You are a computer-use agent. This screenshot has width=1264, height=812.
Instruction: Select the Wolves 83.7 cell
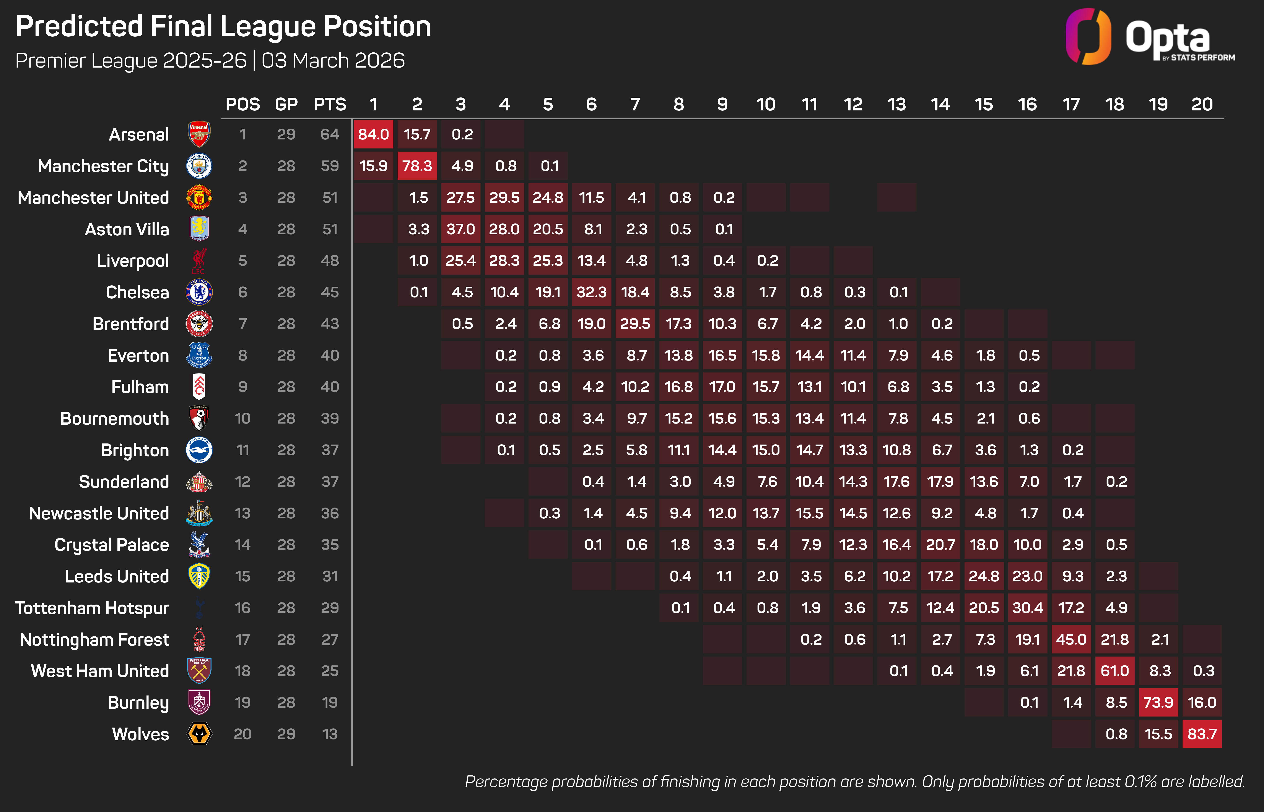pos(1202,734)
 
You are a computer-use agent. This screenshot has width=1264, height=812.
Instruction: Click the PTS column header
pos(330,104)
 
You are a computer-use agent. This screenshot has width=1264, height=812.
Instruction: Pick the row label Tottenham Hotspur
pos(92,608)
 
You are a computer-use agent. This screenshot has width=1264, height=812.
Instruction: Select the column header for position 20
pos(1202,104)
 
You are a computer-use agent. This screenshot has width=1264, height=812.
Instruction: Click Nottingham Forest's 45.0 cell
pos(1071,640)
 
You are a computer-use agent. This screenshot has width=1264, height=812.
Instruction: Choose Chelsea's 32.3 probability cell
pos(591,292)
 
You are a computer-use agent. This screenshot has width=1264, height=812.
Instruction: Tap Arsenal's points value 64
pos(330,134)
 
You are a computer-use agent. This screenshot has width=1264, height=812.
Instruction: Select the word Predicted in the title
pos(79,26)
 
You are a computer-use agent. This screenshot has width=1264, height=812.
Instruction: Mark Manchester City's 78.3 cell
pos(417,166)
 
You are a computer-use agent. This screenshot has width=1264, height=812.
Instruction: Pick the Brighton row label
pos(135,450)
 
